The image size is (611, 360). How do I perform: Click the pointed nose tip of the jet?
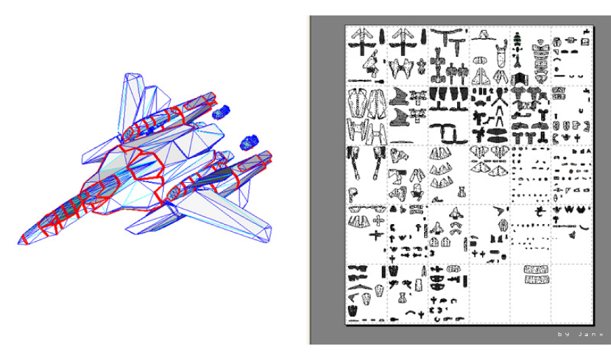(x=19, y=243)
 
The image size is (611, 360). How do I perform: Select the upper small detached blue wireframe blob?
(x=221, y=111)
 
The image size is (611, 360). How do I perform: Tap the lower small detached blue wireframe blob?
(x=249, y=142)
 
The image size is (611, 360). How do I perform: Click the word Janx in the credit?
(x=591, y=334)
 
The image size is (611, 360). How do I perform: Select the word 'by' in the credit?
(x=562, y=334)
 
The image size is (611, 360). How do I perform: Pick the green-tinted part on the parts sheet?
(x=517, y=39)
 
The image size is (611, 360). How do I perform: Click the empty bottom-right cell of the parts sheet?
(x=572, y=293)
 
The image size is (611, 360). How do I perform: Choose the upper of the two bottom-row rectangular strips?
(x=536, y=269)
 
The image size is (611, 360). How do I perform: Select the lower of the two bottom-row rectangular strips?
(x=537, y=279)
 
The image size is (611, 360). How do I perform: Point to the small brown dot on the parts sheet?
(x=571, y=171)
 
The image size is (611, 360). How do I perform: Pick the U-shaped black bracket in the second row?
(x=448, y=132)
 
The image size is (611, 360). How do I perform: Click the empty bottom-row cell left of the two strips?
(x=489, y=293)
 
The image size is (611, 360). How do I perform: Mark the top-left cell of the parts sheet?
(x=366, y=56)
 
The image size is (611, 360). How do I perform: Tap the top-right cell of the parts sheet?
(x=572, y=56)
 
